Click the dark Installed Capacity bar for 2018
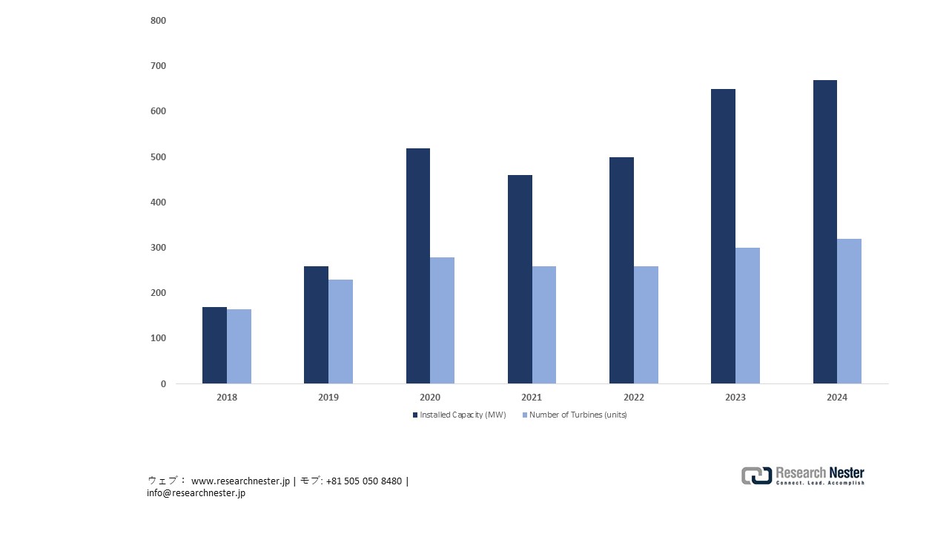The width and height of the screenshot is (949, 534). [x=214, y=345]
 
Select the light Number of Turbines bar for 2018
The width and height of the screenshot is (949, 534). [x=239, y=346]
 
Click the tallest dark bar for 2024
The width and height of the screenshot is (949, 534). [x=824, y=231]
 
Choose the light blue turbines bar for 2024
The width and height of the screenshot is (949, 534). [x=849, y=311]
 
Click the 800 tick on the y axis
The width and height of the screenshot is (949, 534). [x=158, y=21]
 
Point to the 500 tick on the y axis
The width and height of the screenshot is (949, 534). [x=158, y=157]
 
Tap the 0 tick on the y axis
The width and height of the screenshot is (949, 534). [x=163, y=384]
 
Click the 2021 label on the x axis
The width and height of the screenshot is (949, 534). [x=532, y=398]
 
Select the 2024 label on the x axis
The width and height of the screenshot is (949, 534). [x=837, y=398]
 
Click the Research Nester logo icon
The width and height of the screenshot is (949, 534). [x=756, y=476]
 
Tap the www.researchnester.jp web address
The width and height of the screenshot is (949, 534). [x=240, y=481]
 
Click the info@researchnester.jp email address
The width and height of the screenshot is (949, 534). [x=196, y=493]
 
